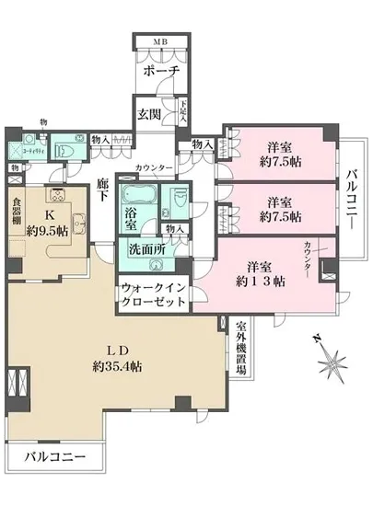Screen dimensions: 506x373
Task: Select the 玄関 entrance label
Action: click(x=151, y=114)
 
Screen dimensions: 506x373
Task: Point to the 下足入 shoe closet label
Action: click(x=183, y=112)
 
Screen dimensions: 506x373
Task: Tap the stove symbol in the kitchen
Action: click(x=56, y=194)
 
